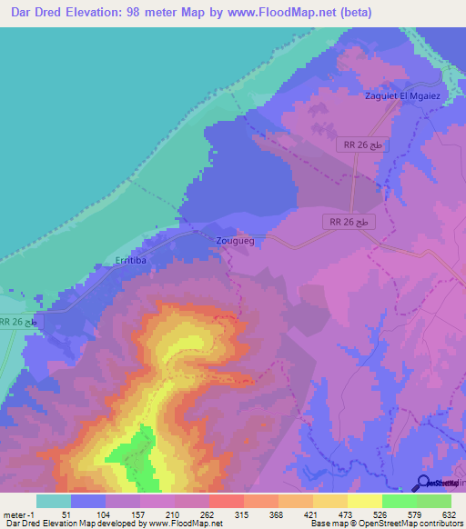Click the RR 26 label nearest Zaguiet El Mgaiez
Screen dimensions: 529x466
(x=363, y=146)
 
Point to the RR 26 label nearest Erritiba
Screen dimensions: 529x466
(x=19, y=323)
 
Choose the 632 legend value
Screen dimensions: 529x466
(x=450, y=514)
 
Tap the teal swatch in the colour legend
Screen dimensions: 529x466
(x=54, y=501)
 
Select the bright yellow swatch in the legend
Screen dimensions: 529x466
(x=364, y=501)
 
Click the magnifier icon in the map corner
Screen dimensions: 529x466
(x=424, y=483)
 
